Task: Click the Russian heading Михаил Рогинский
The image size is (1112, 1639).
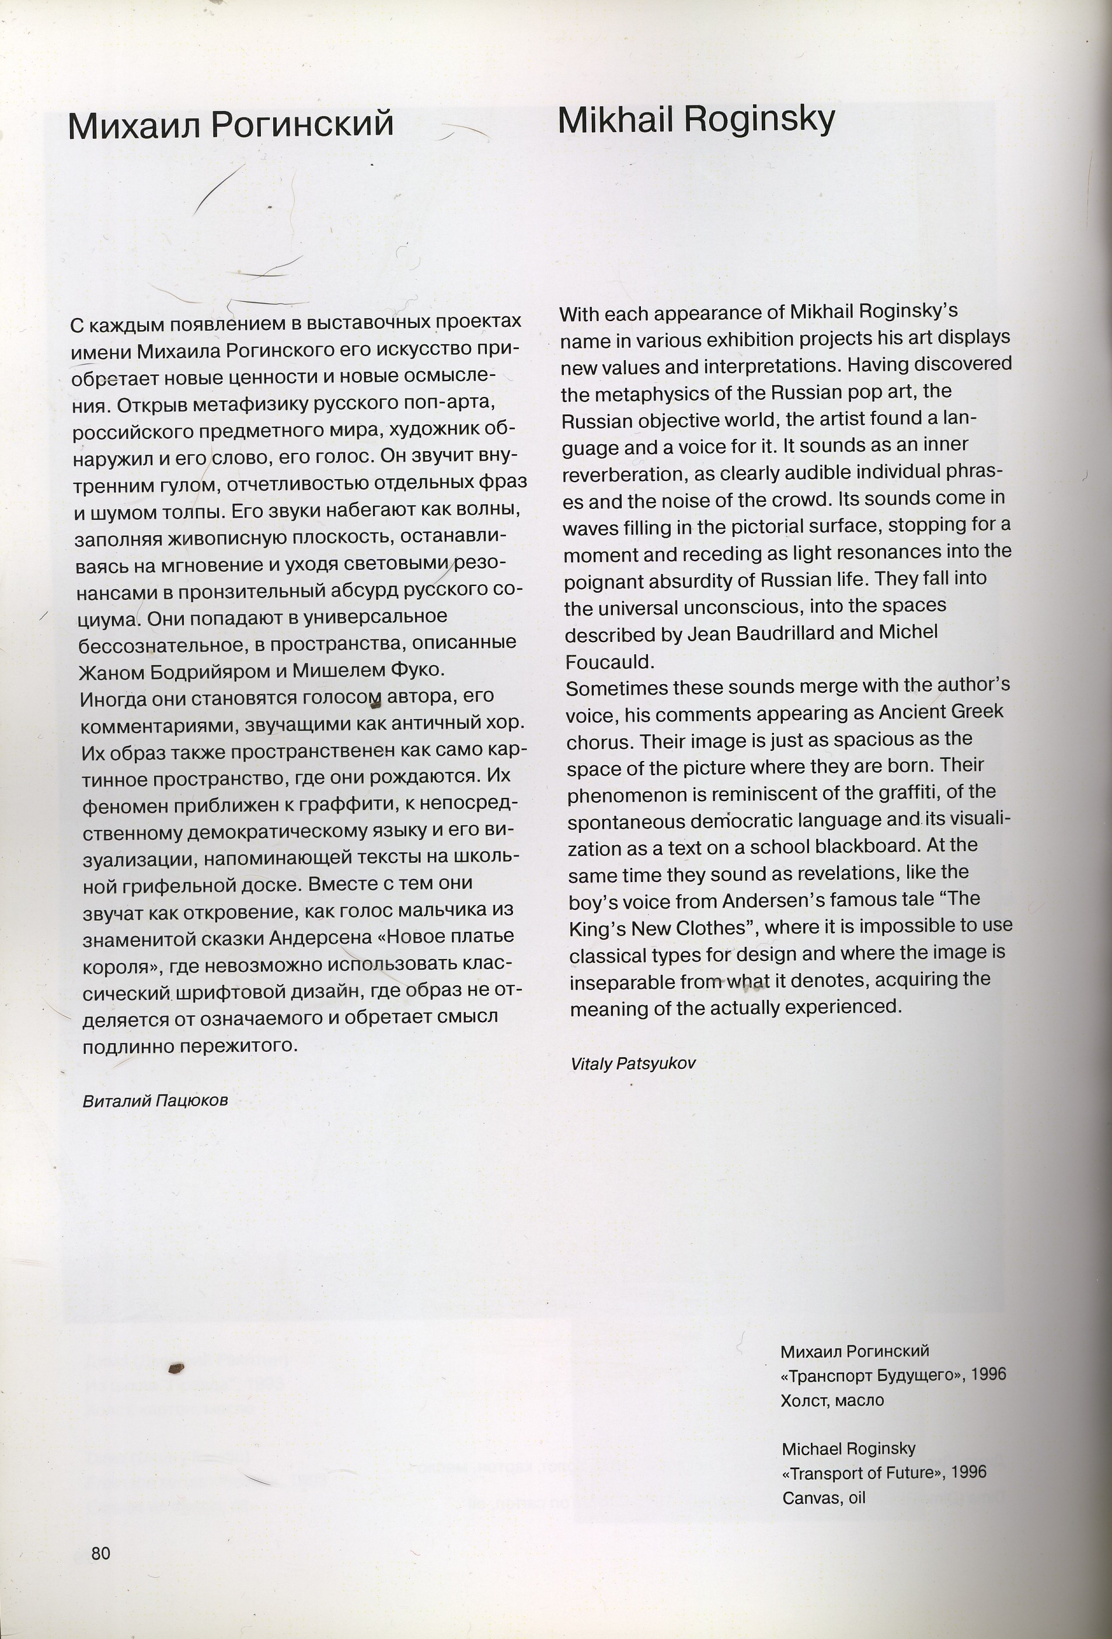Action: pos(231,125)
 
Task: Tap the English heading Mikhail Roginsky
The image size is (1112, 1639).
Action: pos(696,120)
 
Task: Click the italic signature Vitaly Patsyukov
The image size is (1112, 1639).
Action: pos(633,1063)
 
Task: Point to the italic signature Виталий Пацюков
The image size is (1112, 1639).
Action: pos(155,1101)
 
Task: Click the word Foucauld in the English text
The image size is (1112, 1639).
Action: pos(610,661)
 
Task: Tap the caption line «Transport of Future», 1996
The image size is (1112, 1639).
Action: pos(884,1473)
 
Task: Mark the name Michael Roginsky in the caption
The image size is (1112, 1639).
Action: pos(848,1448)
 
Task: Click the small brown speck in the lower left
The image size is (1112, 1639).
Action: pos(176,1369)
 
